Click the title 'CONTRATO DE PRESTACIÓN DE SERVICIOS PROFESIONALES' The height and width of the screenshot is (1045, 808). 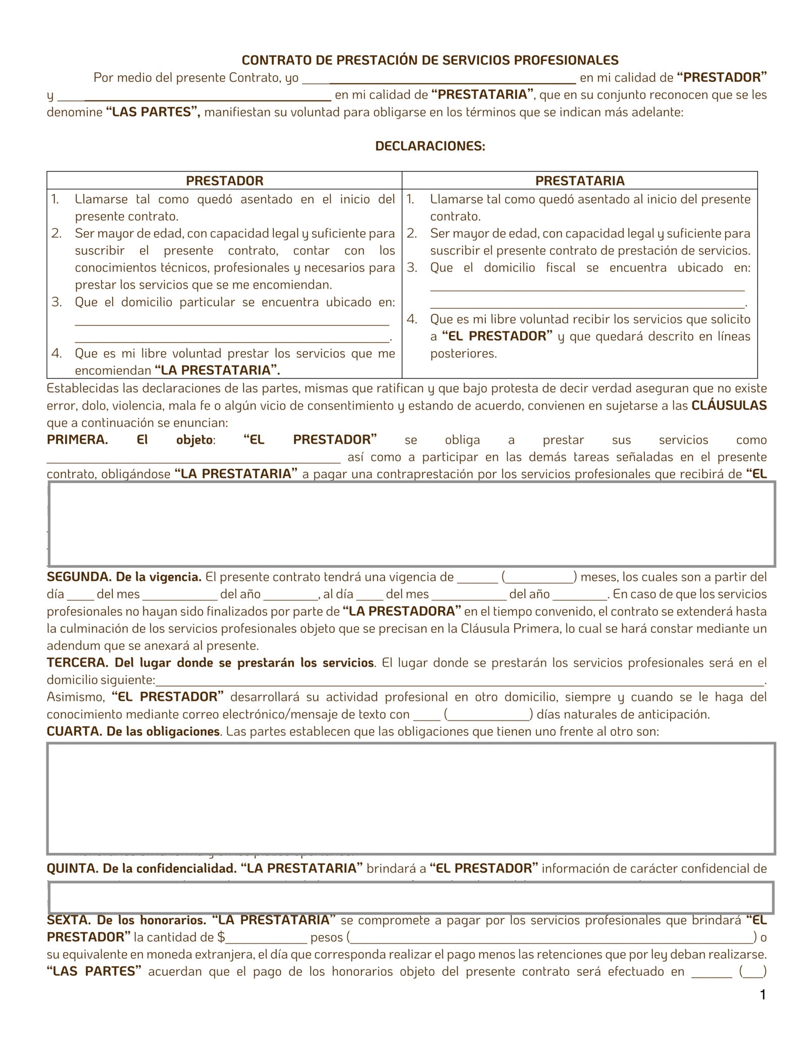point(430,60)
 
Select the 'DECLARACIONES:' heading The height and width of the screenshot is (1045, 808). point(430,146)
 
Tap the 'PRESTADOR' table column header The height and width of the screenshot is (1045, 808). point(224,181)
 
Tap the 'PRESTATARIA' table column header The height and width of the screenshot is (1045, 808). point(580,181)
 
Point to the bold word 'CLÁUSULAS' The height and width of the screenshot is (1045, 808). point(729,405)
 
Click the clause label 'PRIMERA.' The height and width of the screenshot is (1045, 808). point(77,439)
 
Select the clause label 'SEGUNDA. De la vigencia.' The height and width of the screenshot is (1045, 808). point(124,577)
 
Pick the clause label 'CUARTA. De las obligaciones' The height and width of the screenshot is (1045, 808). point(133,731)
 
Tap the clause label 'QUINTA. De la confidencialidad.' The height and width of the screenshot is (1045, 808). point(141,868)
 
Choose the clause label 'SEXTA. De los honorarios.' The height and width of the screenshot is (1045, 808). point(126,920)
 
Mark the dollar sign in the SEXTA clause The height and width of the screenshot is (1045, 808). point(221,938)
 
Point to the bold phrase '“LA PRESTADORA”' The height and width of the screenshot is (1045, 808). point(401,611)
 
